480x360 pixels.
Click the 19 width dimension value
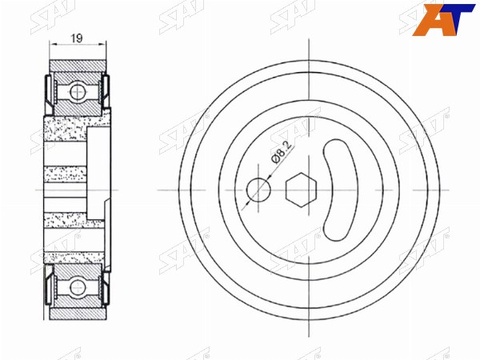pyautogui.click(x=77, y=38)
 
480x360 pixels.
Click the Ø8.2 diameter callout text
pyautogui.click(x=282, y=153)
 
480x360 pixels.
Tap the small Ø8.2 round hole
pyautogui.click(x=258, y=190)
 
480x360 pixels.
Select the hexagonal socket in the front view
pyautogui.click(x=302, y=190)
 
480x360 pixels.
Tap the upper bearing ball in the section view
pyautogui.click(x=77, y=91)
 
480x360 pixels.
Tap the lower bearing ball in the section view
pyautogui.click(x=77, y=288)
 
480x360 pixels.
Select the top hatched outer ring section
pyautogui.click(x=78, y=66)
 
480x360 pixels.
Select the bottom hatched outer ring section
pyautogui.click(x=78, y=314)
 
